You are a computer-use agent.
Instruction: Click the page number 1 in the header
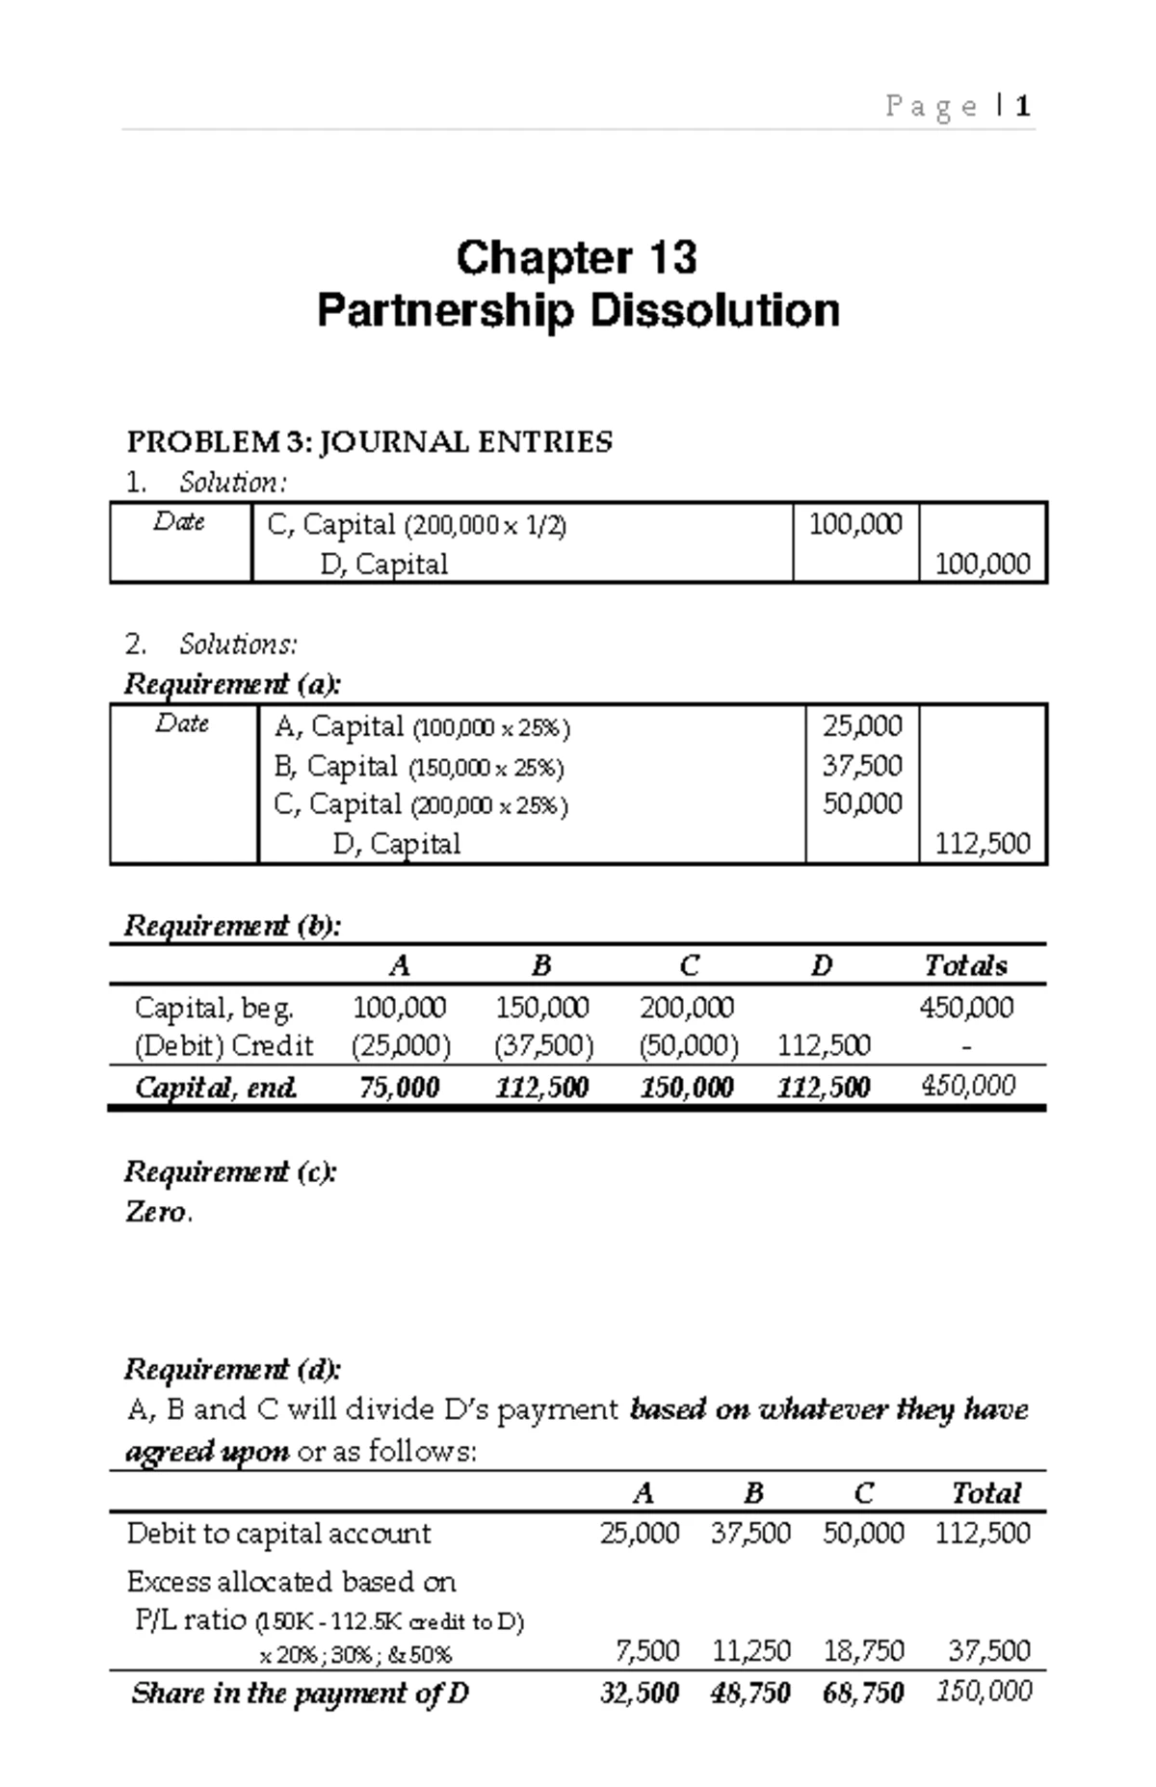1023,106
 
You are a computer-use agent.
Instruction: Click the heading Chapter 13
576,258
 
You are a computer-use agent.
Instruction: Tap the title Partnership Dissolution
578,311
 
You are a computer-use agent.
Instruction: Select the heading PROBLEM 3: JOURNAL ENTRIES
369,442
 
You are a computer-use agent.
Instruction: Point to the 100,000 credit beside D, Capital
983,564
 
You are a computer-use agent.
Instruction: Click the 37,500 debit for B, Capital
862,766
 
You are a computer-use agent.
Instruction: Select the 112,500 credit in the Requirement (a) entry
983,844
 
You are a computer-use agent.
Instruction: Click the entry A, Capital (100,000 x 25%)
421,726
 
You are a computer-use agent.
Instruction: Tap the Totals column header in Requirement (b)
965,965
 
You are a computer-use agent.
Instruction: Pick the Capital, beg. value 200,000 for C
686,1008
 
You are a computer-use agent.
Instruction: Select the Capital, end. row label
216,1088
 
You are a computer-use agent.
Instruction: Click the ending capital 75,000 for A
399,1088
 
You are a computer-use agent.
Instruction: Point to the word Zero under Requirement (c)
156,1212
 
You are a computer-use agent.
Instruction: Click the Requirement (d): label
232,1369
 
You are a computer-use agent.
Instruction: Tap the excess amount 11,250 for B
750,1650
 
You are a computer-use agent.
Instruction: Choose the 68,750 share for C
863,1693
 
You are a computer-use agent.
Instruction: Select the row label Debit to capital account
278,1534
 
